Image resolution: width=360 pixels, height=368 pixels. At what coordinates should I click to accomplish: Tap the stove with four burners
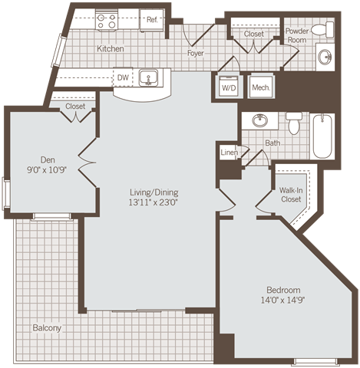[107, 21]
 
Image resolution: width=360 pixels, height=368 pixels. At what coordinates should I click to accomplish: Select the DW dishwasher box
[123, 77]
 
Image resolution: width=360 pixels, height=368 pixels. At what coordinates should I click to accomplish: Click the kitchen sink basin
[149, 77]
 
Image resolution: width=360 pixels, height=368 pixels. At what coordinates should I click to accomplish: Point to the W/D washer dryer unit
[229, 87]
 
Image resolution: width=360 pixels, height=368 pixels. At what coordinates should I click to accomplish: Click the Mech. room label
[260, 87]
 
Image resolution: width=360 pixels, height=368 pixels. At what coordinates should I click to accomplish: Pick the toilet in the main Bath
[293, 123]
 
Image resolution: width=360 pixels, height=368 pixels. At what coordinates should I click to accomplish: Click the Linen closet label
[230, 153]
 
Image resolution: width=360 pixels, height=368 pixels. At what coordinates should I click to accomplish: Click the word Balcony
[47, 328]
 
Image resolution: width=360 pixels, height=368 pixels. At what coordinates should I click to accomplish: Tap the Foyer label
[196, 54]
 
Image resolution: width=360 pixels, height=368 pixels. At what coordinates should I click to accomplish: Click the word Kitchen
[111, 49]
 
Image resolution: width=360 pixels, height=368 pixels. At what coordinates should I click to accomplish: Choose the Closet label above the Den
[75, 107]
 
